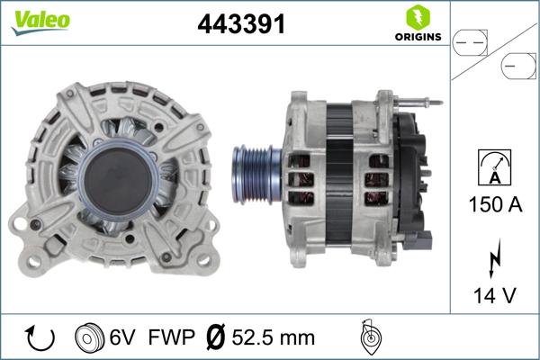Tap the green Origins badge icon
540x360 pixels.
coord(418,16)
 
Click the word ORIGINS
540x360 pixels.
coord(418,37)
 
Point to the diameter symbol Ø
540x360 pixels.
coord(216,337)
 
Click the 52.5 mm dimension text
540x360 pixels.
coord(274,337)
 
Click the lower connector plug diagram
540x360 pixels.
coord(519,66)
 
